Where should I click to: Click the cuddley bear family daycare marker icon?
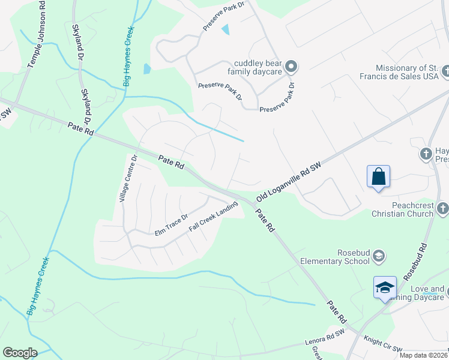(x=291, y=66)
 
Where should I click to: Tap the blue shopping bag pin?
(x=378, y=177)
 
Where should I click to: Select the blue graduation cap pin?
(x=385, y=288)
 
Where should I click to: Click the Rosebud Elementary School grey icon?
(x=379, y=257)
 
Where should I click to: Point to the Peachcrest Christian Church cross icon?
(x=443, y=209)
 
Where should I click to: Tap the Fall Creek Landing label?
(x=213, y=217)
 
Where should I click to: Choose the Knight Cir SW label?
(x=385, y=349)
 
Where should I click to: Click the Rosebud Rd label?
(x=415, y=263)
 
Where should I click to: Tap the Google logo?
(x=20, y=353)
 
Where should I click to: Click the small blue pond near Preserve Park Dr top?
(x=226, y=29)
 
